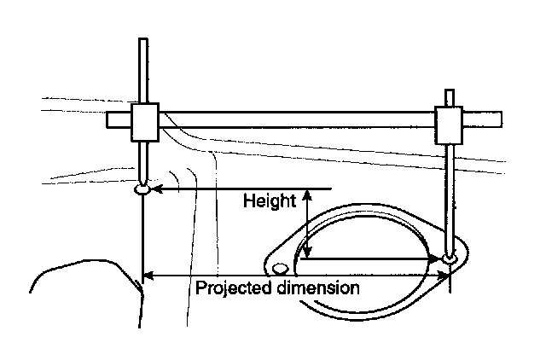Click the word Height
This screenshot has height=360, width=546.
[270, 202]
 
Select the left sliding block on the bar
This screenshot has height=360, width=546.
[146, 123]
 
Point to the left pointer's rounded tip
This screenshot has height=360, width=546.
[142, 189]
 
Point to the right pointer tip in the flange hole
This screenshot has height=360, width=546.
[450, 258]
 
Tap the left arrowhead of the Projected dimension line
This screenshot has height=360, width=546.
[148, 275]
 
